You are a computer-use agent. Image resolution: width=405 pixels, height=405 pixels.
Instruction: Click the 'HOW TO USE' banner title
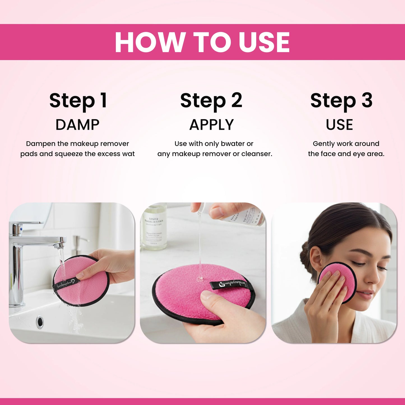point(202,42)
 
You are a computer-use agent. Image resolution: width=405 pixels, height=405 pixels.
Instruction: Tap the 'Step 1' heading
point(78,100)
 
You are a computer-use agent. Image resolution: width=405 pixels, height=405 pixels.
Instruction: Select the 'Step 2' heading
point(211,100)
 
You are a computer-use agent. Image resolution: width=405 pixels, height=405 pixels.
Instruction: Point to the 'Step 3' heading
point(341,100)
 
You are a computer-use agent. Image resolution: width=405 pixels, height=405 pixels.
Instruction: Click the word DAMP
point(77,125)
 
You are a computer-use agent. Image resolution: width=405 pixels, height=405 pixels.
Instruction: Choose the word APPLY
point(211,125)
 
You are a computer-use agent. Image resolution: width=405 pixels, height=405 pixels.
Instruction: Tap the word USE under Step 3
point(339,125)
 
